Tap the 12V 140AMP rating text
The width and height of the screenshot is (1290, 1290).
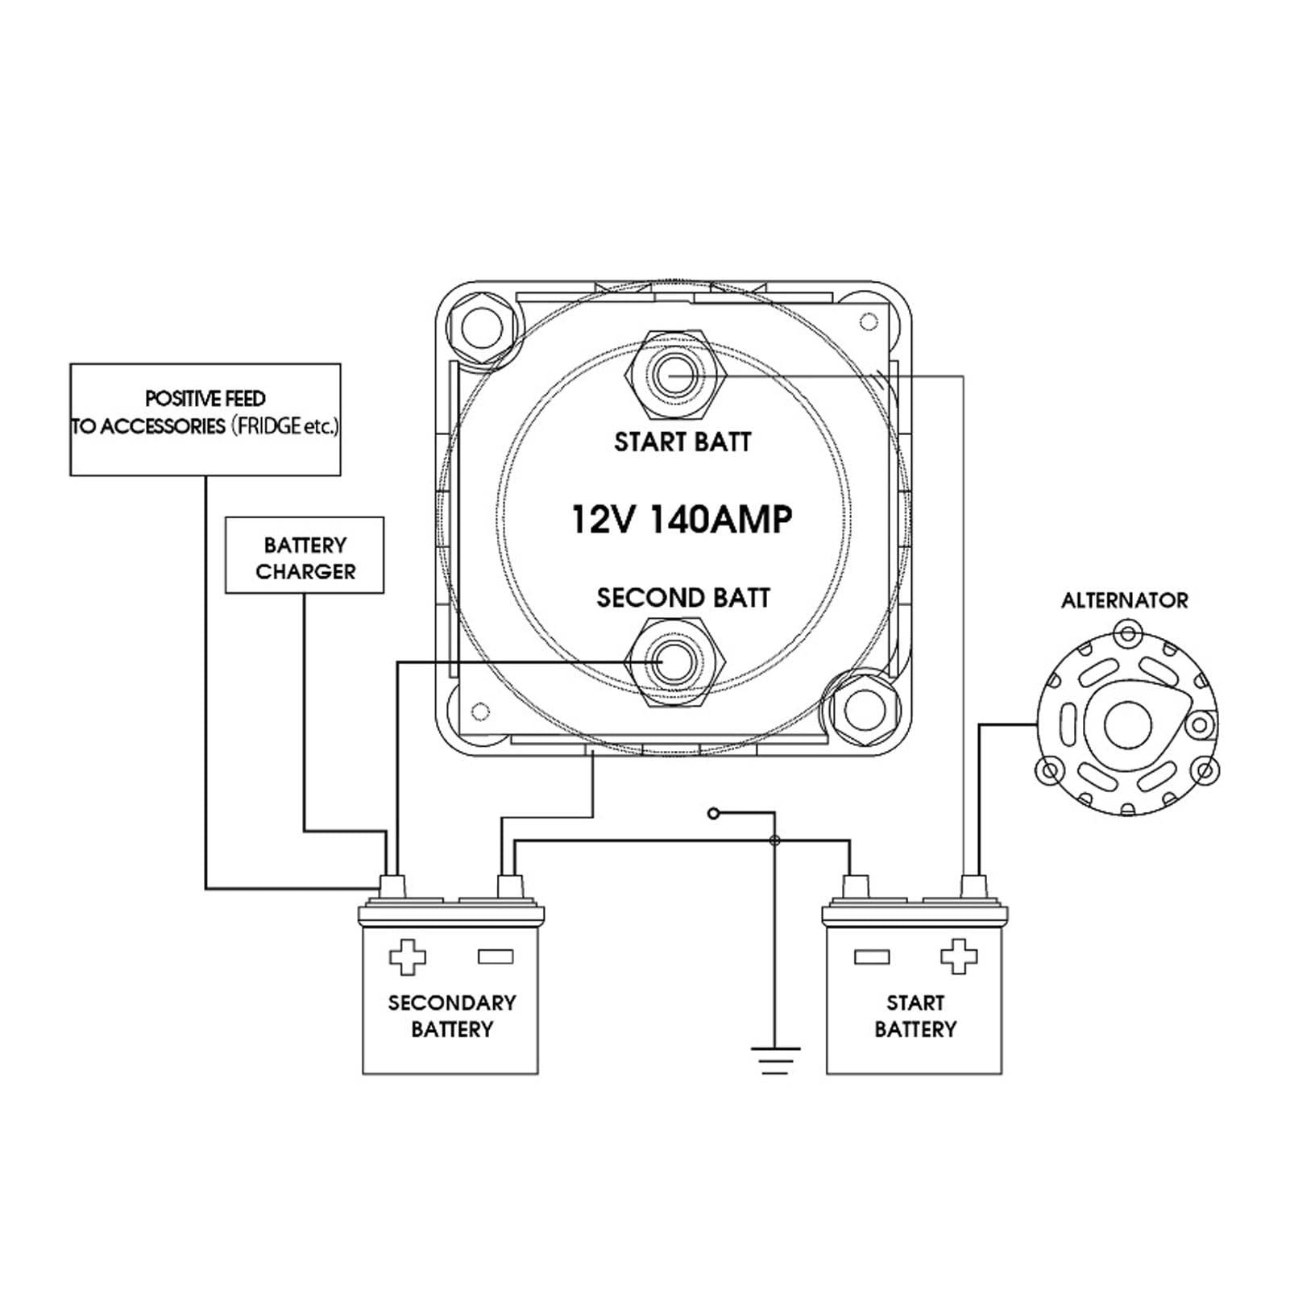pyautogui.click(x=682, y=519)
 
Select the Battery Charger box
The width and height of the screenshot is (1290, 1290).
pyautogui.click(x=305, y=556)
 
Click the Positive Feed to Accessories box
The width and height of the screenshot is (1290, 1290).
pyautogui.click(x=205, y=419)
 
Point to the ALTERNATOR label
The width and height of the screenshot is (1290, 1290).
pyautogui.click(x=1124, y=600)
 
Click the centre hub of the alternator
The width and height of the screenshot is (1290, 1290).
pyautogui.click(x=1125, y=724)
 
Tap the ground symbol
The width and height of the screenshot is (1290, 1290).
pyautogui.click(x=775, y=1060)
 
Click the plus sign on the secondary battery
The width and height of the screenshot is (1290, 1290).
pyautogui.click(x=407, y=957)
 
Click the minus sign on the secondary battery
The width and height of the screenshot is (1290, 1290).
pyautogui.click(x=496, y=957)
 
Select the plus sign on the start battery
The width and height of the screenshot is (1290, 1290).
pyautogui.click(x=959, y=957)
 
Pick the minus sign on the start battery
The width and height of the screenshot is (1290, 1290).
pyautogui.click(x=871, y=957)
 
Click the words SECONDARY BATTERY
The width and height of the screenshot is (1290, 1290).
pyautogui.click(x=452, y=1016)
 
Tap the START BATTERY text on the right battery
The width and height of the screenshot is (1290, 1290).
pyautogui.click(x=915, y=1016)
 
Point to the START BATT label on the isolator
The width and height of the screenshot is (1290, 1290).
pyautogui.click(x=682, y=442)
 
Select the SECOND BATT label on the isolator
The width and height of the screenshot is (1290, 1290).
pyautogui.click(x=683, y=598)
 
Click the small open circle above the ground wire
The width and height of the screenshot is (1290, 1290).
pyautogui.click(x=713, y=814)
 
